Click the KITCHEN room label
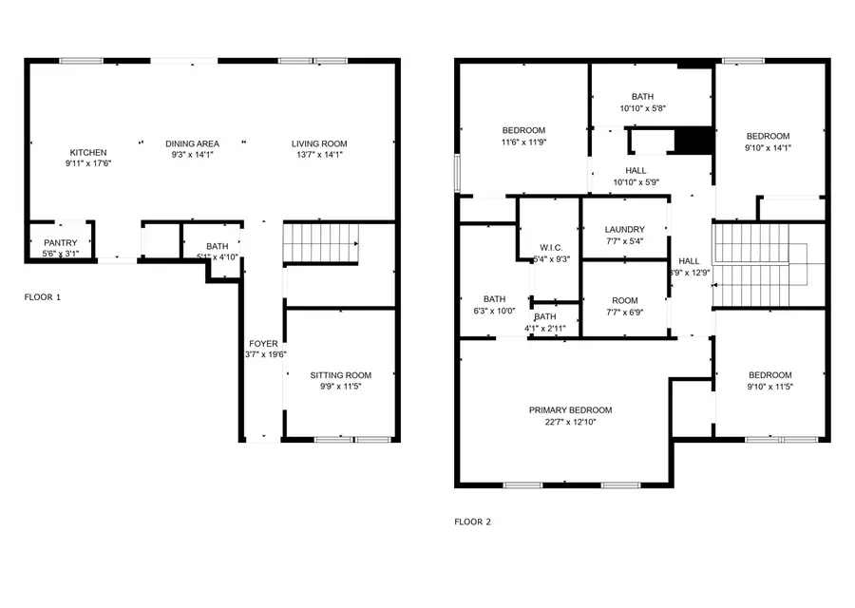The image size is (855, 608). [x=87, y=152]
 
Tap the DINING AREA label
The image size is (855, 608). [x=192, y=143]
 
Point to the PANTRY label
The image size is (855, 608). [x=60, y=242]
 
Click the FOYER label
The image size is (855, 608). [x=263, y=343]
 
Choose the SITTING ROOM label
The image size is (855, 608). [x=340, y=375]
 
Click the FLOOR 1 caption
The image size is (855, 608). [x=43, y=297]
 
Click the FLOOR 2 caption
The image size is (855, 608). [x=472, y=522]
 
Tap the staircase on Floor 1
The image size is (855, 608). [x=321, y=242]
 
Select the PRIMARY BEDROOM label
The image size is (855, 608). [x=570, y=409]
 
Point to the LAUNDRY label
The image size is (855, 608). [x=624, y=229]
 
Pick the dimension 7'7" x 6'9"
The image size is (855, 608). [x=624, y=312]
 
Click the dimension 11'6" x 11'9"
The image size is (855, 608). [x=523, y=142]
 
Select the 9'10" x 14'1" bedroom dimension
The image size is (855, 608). [x=767, y=147]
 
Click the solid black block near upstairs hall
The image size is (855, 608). [x=693, y=141]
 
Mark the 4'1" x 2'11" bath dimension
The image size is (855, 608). [x=545, y=329]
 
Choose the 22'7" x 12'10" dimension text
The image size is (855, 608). [x=570, y=422]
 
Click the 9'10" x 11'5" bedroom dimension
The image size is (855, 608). [x=769, y=387]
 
